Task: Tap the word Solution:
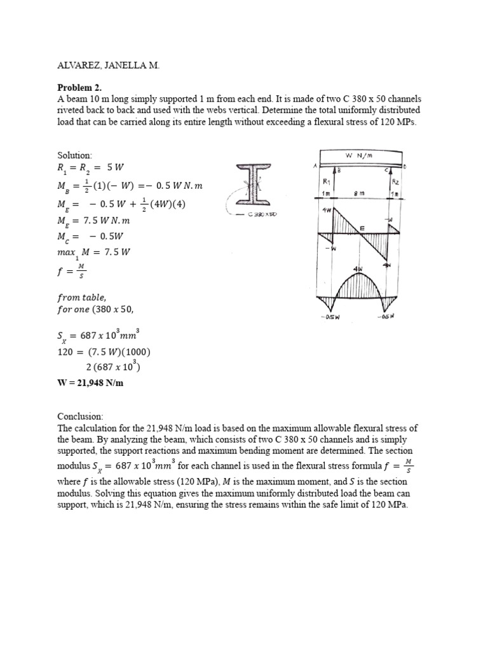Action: [75, 155]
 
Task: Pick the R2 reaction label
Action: [393, 182]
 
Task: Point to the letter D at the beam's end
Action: [405, 167]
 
